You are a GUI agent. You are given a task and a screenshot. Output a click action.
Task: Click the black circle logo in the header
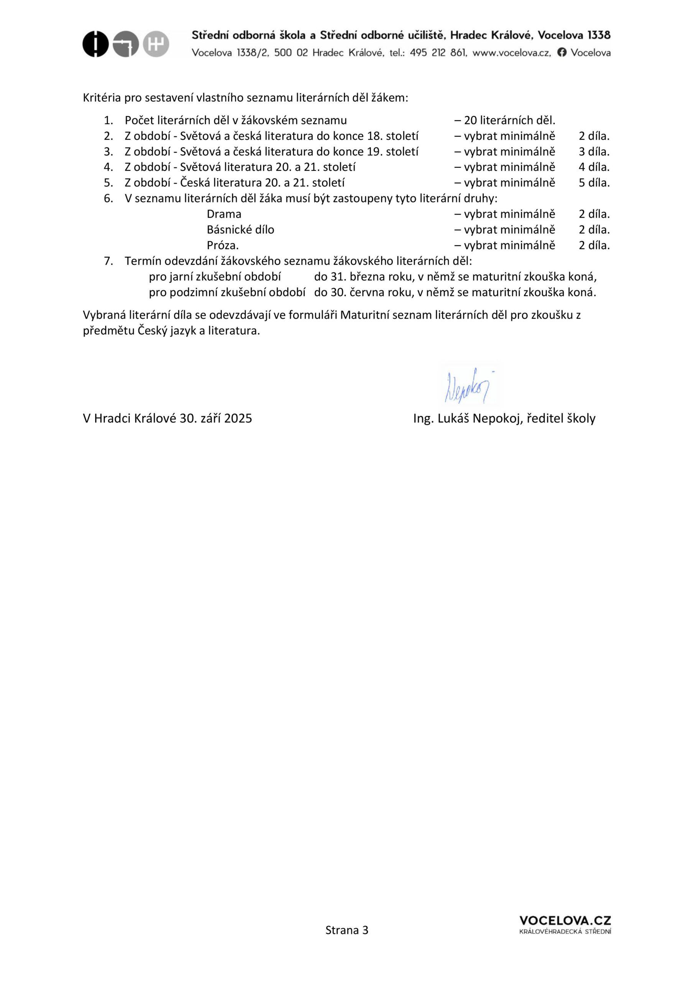click(95, 44)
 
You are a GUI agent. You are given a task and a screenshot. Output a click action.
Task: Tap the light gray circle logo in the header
click(156, 44)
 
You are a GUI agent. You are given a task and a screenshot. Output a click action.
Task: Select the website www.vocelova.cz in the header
click(512, 52)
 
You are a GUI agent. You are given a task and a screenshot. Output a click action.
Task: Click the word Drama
click(224, 214)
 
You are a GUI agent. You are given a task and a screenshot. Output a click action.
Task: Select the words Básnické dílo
click(240, 230)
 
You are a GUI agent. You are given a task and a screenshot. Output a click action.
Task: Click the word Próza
click(222, 246)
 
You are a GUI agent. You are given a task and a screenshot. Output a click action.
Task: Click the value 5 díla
click(594, 183)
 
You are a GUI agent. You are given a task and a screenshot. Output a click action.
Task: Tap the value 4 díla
click(594, 167)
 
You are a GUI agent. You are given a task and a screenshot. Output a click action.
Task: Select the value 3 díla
click(594, 152)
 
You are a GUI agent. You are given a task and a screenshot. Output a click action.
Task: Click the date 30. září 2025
click(216, 418)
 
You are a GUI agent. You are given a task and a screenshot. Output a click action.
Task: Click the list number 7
click(108, 261)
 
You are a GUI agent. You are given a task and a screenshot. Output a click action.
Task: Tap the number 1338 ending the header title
click(599, 35)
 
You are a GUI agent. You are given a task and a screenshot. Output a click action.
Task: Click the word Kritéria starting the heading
click(102, 98)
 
